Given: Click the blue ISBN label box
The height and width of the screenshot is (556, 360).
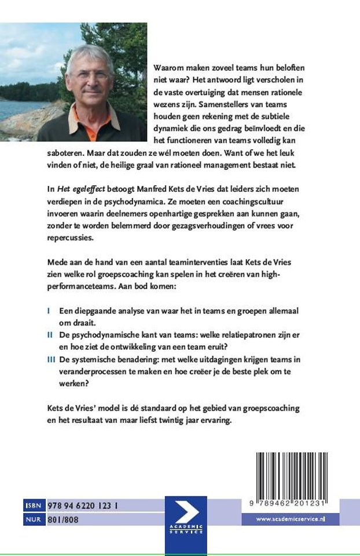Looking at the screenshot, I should [x=33, y=506].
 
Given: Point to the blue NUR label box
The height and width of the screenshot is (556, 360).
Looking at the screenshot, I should [x=33, y=520].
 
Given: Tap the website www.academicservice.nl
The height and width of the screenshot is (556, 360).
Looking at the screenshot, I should [x=291, y=520].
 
